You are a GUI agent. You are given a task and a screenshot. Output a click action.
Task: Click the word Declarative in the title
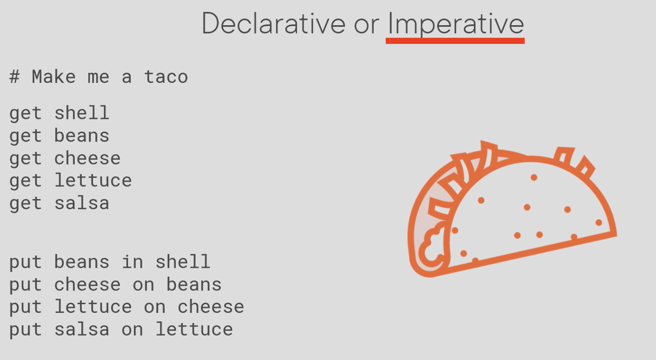tap(274, 24)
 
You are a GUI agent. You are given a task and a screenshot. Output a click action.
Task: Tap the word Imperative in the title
tap(456, 24)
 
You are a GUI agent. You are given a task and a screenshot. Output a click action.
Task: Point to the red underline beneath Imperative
tap(455, 41)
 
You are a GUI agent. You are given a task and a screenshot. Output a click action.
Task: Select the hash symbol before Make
tap(15, 77)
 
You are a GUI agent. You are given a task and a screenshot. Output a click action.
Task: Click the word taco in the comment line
tap(166, 77)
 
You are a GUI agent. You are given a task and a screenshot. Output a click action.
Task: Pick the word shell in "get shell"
tap(82, 113)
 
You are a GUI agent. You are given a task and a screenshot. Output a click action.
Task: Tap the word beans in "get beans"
tap(82, 135)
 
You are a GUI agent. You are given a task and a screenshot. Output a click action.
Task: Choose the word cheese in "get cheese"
tap(87, 158)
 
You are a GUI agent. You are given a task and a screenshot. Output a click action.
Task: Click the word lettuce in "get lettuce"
tap(93, 180)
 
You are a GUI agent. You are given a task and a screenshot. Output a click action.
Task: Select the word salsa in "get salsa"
tap(82, 203)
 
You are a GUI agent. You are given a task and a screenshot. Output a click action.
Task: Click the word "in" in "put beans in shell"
tap(133, 261)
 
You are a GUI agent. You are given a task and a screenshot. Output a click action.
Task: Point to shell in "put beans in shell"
tap(183, 261)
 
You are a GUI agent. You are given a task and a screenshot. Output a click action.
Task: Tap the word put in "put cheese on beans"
tap(26, 285)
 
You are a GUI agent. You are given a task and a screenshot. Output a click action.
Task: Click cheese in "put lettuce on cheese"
tap(211, 307)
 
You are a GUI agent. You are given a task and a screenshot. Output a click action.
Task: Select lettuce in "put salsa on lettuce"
tap(194, 329)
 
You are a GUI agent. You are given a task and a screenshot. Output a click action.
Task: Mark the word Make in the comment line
tap(54, 77)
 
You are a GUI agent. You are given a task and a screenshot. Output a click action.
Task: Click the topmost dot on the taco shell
tap(534, 178)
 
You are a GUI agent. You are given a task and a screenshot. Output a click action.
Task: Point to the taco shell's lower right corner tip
tap(617, 235)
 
